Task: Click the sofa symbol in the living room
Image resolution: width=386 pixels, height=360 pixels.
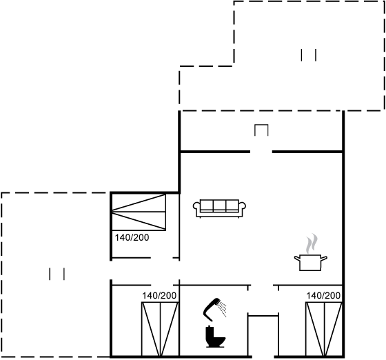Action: coord(219,208)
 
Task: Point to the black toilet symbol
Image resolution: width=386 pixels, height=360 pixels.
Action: coord(214,337)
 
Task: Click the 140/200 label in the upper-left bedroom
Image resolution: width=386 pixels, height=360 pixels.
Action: coord(132,238)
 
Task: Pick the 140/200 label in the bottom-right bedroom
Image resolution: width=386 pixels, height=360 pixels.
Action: coord(323,295)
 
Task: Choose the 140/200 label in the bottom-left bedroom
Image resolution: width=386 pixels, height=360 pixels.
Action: coord(159,296)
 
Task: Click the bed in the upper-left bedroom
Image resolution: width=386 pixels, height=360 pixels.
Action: coord(139,212)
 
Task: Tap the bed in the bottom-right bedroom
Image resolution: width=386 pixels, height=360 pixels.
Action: coord(324,329)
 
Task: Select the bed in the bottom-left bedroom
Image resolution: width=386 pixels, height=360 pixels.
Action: coord(160,329)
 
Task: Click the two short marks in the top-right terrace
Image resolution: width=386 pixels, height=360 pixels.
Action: coord(309,55)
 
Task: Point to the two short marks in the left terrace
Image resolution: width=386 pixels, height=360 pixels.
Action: coord(57,274)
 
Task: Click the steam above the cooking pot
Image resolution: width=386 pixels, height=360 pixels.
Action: coord(311,243)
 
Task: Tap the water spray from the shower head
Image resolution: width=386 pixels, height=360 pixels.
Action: coord(223,308)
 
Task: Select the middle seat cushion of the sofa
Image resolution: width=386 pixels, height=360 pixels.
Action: coord(220,206)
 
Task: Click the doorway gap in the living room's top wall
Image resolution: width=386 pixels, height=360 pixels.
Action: coord(261,152)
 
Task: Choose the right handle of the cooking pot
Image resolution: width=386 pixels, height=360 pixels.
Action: coord(324,259)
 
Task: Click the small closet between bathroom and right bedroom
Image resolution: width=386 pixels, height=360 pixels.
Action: coord(263,335)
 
